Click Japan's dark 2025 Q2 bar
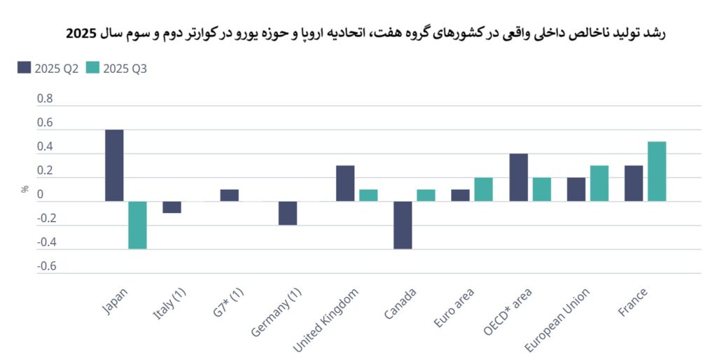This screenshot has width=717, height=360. [114, 165]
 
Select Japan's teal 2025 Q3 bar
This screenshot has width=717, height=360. [137, 225]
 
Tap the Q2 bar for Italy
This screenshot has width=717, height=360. [172, 207]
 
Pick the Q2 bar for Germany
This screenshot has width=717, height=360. [287, 213]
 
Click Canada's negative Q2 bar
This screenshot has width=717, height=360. [402, 225]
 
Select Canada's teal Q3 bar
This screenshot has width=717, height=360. [426, 195]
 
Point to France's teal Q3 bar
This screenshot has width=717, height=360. [656, 172]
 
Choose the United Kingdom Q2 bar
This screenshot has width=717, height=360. [345, 184]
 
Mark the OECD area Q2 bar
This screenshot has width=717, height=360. [518, 177]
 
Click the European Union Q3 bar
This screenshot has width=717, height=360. [599, 184]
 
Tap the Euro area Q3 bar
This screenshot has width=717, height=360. [483, 189]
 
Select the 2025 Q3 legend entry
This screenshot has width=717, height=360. [116, 68]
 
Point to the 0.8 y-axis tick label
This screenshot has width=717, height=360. [45, 99]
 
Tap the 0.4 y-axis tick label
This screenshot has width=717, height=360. [45, 147]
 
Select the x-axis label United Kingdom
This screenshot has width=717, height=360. [327, 320]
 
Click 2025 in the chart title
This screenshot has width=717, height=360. [81, 34]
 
